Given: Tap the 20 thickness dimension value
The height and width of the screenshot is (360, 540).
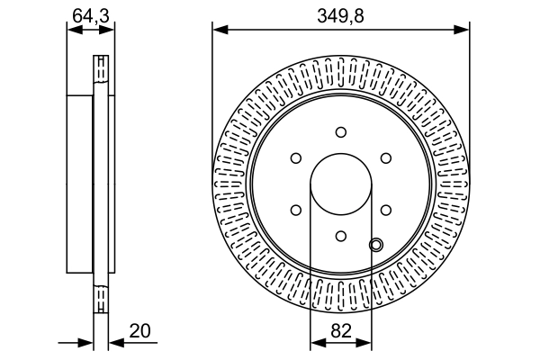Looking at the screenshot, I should click(139, 330).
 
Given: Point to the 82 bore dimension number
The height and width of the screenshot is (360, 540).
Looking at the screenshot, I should click(341, 330).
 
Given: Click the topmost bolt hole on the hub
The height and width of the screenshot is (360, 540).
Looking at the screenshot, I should click(341, 132).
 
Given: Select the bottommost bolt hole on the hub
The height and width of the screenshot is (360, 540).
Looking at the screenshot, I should click(341, 236).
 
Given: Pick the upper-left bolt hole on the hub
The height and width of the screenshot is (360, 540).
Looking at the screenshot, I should click(296, 158).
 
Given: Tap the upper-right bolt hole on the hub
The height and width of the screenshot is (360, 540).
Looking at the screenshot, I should click(385, 158).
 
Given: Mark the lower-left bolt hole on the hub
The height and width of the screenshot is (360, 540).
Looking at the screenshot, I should click(296, 210).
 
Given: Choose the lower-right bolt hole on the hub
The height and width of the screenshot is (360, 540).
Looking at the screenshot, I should click(385, 210).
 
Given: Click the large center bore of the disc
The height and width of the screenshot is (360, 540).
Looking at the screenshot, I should click(341, 184).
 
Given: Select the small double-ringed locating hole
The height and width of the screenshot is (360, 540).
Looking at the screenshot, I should click(376, 243).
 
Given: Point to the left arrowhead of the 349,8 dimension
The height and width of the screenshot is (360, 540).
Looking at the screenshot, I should click(219, 30).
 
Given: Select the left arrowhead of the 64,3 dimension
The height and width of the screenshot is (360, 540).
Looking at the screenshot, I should click(73, 30).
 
